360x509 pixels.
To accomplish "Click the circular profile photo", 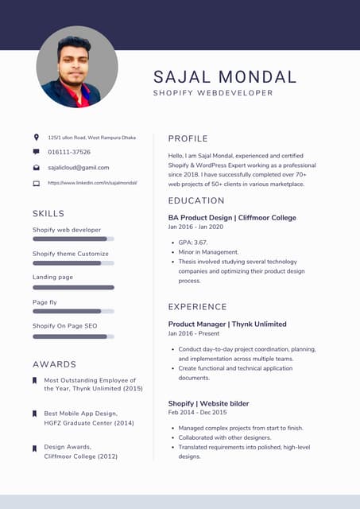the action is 77,67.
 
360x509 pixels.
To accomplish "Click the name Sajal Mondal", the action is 225,77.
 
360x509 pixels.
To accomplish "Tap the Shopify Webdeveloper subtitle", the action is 213,93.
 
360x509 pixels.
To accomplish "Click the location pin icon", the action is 36,138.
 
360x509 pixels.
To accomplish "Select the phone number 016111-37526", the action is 69,152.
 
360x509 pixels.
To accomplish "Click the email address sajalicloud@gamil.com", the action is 79,168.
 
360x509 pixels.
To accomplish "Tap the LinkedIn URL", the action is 92,183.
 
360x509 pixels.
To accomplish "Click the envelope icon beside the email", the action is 36,168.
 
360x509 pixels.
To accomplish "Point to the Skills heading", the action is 48,213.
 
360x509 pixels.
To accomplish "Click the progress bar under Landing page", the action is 73,287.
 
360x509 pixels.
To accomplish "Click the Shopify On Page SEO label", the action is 64,326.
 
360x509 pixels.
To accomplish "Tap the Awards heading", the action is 54,364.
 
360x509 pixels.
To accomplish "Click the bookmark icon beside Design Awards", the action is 34,449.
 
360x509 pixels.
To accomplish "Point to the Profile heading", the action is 188,138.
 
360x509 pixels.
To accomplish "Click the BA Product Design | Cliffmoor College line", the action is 232,217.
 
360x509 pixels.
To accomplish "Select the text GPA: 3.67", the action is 193,243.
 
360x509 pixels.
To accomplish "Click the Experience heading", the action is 197,307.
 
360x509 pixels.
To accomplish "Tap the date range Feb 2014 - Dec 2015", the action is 197,413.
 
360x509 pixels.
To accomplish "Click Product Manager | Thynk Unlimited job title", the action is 227,324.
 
